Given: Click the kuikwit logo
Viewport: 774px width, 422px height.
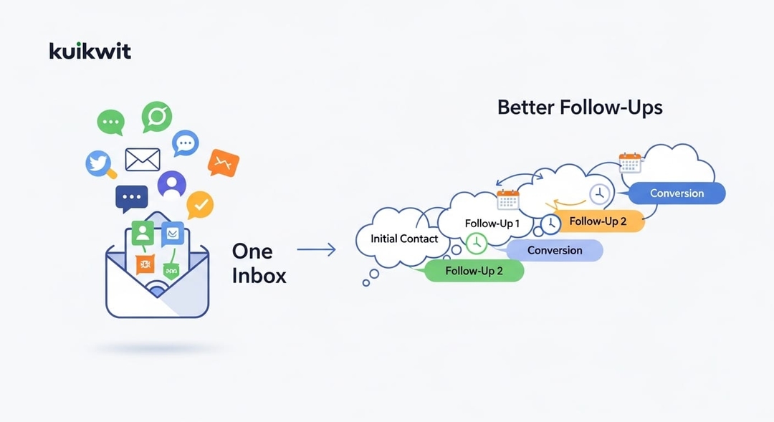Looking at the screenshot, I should pos(90,51).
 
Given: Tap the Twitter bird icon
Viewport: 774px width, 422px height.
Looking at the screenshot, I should pos(100,163).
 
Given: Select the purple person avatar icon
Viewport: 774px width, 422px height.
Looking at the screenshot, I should pos(171,184).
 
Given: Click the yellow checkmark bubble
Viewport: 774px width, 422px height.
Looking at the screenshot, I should pos(200,206).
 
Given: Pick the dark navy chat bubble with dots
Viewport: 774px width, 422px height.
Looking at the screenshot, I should pos(131,198).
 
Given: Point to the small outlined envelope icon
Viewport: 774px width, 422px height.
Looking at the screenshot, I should pos(142,159).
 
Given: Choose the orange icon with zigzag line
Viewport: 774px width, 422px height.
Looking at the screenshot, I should pos(223,163).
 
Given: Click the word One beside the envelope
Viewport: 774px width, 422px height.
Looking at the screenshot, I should pos(252,251).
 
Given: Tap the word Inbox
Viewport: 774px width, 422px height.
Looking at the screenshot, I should pos(259,275).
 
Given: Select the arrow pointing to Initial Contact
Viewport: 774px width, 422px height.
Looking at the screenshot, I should pos(316,249).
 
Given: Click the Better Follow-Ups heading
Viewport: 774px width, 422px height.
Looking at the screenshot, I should pos(580,108).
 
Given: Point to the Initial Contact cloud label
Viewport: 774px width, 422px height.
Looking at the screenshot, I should pos(404,239).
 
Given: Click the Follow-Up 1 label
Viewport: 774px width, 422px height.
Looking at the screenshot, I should pos(492,224).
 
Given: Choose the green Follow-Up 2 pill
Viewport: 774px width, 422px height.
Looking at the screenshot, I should pos(474,271).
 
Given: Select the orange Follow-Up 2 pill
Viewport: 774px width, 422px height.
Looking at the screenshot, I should pos(598,221).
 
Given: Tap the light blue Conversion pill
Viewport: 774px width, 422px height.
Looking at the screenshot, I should pos(555,250).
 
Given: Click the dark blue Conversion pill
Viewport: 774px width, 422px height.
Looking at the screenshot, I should pos(677,193).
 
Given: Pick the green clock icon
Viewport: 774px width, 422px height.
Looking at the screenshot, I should pos(476,244).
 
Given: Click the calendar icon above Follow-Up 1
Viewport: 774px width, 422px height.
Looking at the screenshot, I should pos(507,198).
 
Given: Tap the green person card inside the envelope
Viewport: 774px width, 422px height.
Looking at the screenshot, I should pos(143,233).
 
